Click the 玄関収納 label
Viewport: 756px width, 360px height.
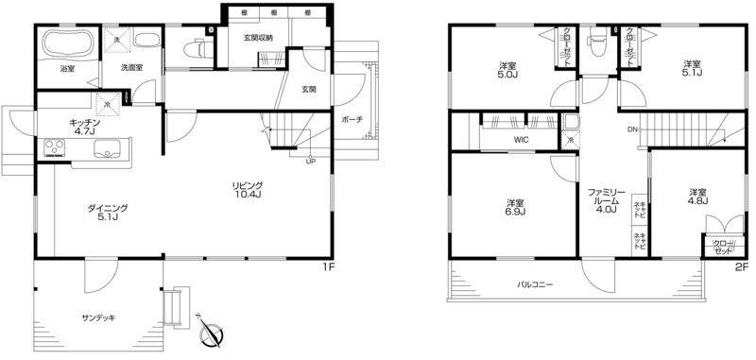click(259, 38)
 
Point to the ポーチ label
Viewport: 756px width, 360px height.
click(350, 120)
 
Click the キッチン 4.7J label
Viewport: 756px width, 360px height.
click(86, 127)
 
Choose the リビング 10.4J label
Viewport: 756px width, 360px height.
click(249, 191)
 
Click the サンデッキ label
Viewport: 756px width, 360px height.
click(98, 317)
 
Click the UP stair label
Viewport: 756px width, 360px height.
click(310, 161)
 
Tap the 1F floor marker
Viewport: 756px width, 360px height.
click(328, 267)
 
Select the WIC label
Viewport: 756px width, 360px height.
click(522, 140)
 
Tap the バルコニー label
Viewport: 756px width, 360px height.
click(535, 284)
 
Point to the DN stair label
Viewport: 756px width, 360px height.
click(631, 129)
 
